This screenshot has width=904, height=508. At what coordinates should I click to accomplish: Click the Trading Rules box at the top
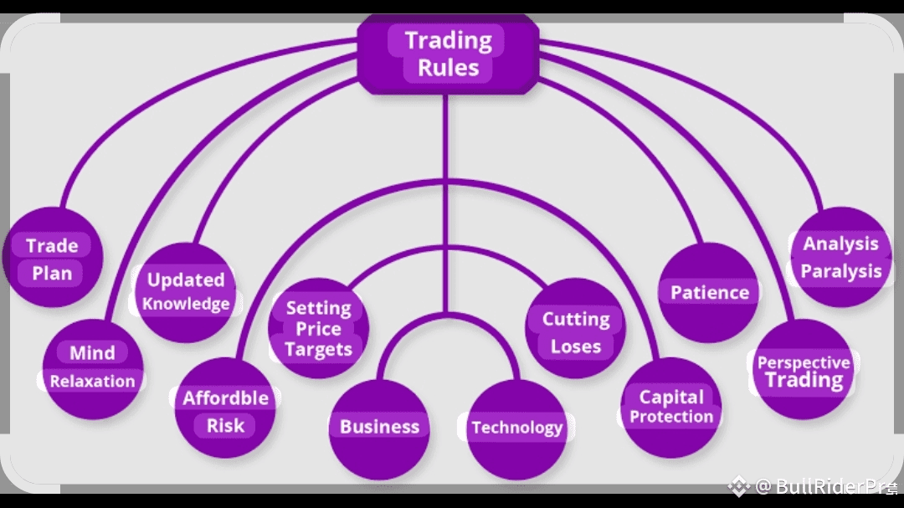coord(448,54)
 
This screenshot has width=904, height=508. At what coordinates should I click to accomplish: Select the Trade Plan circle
coord(52,259)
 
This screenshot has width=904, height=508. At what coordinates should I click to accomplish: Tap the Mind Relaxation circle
coord(92,367)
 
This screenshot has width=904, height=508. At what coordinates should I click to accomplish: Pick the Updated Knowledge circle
coord(186,291)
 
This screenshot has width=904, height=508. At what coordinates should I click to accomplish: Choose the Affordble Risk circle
coord(225,410)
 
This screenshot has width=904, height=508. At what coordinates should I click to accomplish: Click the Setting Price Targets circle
coord(318,328)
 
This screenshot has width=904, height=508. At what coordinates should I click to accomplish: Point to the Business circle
coord(379,428)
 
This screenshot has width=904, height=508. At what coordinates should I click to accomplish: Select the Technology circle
coord(516,428)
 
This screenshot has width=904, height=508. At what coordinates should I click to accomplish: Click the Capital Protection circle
coord(671,408)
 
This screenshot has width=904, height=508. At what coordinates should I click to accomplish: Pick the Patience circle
coord(710,292)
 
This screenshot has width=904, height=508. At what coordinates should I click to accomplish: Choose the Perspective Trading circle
coord(804,370)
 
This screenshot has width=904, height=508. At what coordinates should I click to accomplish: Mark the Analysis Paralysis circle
coord(841,258)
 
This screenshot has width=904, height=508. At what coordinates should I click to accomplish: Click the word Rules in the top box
coord(448,68)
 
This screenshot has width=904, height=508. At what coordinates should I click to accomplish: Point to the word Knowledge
coord(186,304)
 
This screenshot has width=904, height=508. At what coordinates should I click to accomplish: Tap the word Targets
coord(318,348)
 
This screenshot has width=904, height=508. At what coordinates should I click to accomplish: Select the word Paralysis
coord(841,271)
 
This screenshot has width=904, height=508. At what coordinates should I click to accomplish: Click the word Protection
coord(671,417)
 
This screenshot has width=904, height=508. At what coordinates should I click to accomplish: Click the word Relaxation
coord(92,382)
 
